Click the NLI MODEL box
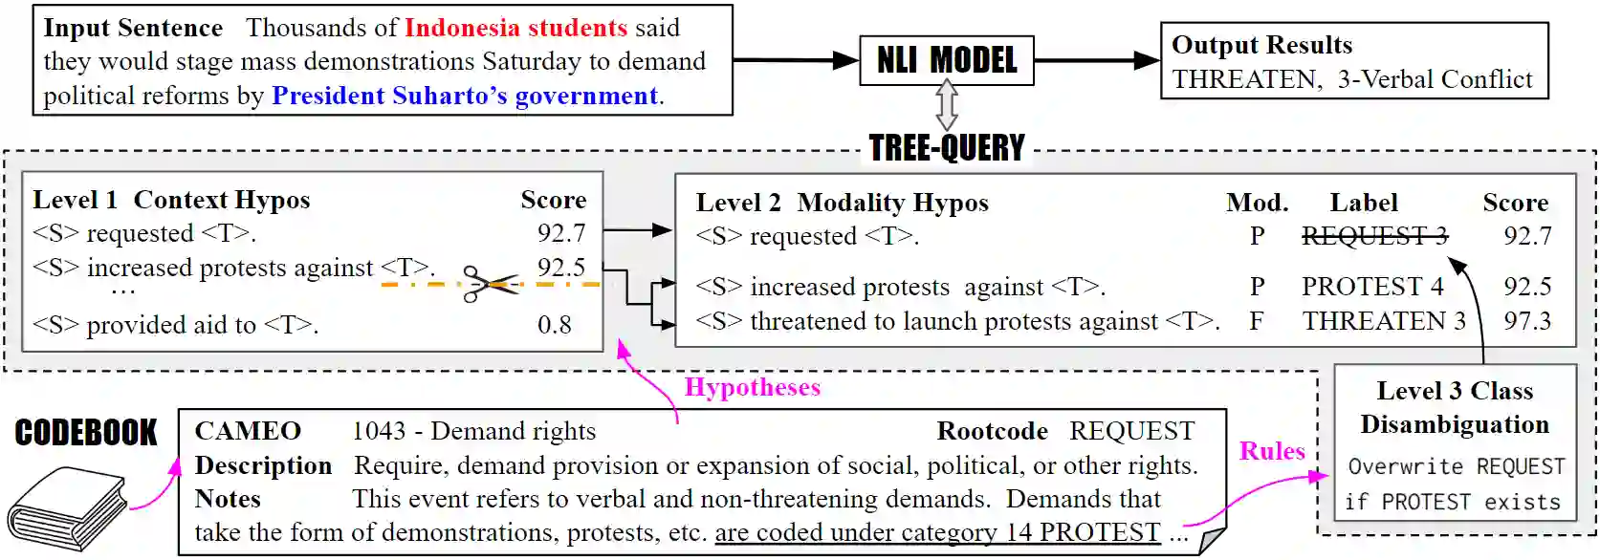coord(947,60)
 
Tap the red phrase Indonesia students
coord(515,28)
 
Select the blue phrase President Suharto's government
coord(466,96)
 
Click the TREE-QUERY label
coord(947,148)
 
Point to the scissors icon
coord(488,284)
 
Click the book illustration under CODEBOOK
coord(67,506)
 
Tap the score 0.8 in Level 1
coord(555,325)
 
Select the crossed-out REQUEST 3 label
coord(1374,236)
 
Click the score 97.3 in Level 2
coord(1527,321)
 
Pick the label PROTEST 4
coord(1372,287)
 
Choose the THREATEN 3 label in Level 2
coord(1384,321)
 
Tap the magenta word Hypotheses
coord(753,387)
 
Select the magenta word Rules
coord(1272,451)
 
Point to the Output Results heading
coord(1261,45)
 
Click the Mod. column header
coord(1257,203)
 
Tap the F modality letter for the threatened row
coord(1257,321)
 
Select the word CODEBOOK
coord(86,433)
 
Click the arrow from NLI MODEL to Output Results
coord(1097,60)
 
